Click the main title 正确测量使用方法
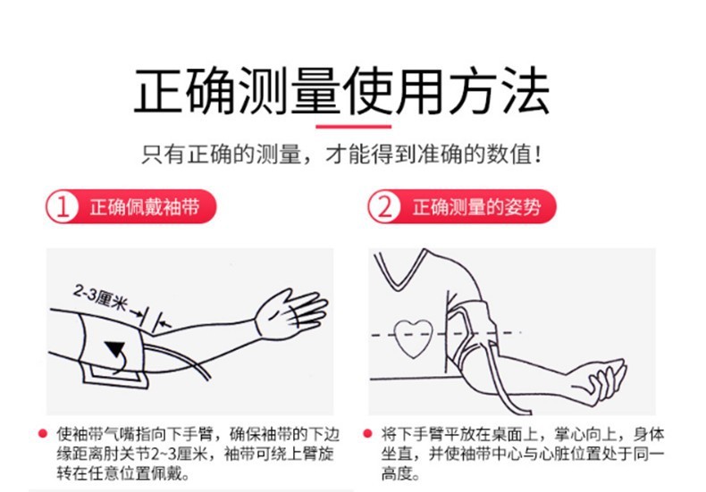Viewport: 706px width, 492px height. click(342, 92)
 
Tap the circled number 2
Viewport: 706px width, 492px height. click(385, 209)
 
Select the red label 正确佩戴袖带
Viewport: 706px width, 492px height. click(142, 209)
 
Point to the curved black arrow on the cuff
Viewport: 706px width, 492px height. click(115, 352)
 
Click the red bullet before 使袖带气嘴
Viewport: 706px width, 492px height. click(41, 433)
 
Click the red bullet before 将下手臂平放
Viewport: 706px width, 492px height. click(366, 433)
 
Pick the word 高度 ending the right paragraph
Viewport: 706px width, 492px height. click(397, 473)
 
